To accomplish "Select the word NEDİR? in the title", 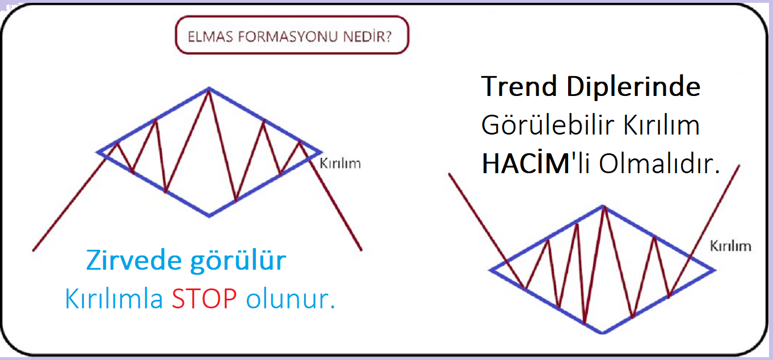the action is click(368, 36).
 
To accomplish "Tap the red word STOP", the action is click(204, 298).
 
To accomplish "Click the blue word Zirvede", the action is click(134, 260).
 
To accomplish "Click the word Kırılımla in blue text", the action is click(114, 298).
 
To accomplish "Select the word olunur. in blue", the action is click(291, 298).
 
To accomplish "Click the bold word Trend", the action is click(519, 86).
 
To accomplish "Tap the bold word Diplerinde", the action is click(633, 87).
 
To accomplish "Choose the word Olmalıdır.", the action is click(659, 163).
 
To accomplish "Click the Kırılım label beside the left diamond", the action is click(341, 164).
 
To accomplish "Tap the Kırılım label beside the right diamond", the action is click(730, 246).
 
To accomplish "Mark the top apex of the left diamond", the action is click(209, 89).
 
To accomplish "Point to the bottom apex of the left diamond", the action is click(209, 216).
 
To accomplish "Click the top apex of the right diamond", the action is click(603, 206).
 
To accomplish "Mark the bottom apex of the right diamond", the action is click(603, 333).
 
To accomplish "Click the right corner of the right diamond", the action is click(715, 270).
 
